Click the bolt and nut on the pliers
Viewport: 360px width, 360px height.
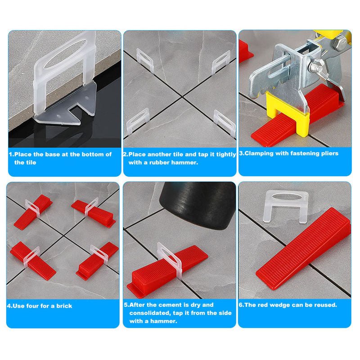[x=316, y=67]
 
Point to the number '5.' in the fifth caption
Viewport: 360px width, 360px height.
[x=126, y=305]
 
